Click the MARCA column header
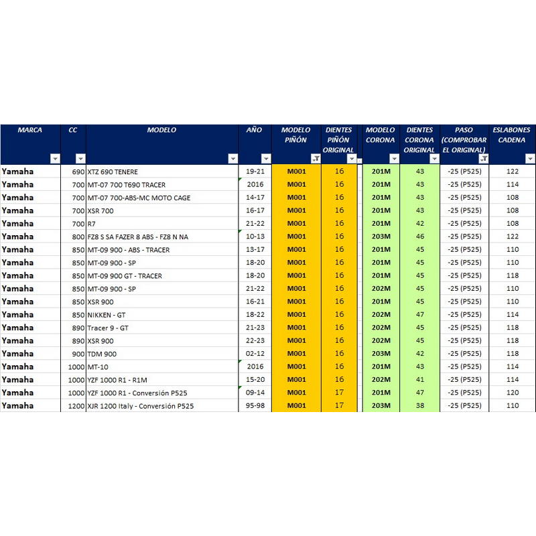[x=30, y=130]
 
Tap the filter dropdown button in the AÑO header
[x=266, y=159]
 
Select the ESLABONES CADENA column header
[x=512, y=135]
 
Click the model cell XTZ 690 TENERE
[x=113, y=172]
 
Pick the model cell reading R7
[x=91, y=224]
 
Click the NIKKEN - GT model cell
[x=107, y=315]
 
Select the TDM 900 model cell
[x=102, y=354]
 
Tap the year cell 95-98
[x=255, y=406]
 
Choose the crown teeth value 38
[x=420, y=406]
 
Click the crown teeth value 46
[x=420, y=237]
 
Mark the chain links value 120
[x=513, y=393]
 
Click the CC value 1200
[x=76, y=406]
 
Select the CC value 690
[x=78, y=172]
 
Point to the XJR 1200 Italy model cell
[x=141, y=406]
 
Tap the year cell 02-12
[x=255, y=354]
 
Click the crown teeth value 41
[x=420, y=380]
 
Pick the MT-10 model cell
[x=98, y=367]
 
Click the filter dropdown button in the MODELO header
[x=232, y=159]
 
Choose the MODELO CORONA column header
[x=380, y=135]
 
